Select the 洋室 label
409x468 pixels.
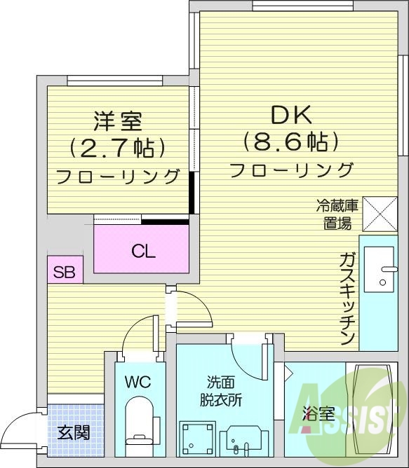point(118,121)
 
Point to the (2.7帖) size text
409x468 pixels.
point(118,148)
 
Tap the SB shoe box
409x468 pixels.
point(65,270)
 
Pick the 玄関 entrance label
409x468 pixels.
point(73,432)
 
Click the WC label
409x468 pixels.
point(138,383)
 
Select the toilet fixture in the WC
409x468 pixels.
point(138,420)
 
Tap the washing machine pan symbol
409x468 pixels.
point(196,439)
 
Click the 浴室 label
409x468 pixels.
point(318,413)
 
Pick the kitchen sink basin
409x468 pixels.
point(384,270)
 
